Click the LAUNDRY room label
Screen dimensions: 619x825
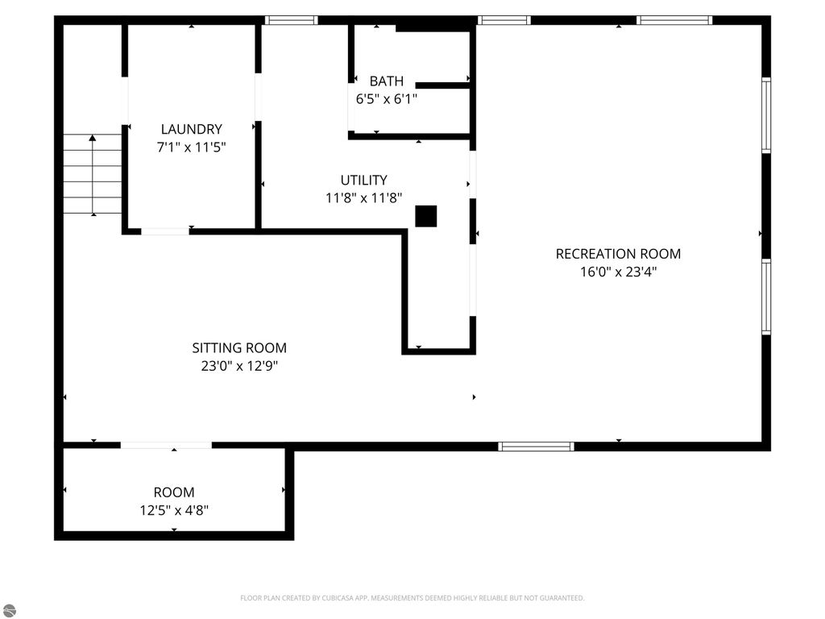[x=191, y=129]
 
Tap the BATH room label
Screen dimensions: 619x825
[x=387, y=81]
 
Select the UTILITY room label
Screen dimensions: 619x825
[x=363, y=181]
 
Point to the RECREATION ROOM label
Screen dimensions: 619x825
[x=618, y=254]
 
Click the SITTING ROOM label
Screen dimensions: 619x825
[x=239, y=348]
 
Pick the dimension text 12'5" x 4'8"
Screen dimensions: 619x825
[x=174, y=510]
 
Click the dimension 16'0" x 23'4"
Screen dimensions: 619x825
[x=618, y=272]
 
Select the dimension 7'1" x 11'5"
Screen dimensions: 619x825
[x=191, y=147]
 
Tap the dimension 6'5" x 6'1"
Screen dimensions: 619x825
[x=387, y=99]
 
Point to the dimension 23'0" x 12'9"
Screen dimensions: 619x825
[x=239, y=367]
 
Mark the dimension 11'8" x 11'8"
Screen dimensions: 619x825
[x=363, y=198]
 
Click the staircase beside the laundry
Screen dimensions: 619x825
[x=93, y=174]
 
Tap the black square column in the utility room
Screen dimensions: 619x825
[x=426, y=216]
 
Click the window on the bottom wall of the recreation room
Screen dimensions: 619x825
[x=536, y=446]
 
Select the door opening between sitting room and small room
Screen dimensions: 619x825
[x=166, y=445]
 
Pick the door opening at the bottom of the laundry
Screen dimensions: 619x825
[x=165, y=232]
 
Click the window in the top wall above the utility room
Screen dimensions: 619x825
[x=291, y=20]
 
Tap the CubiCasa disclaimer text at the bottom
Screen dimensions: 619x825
[x=412, y=598]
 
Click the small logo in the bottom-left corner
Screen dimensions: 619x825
[x=8, y=610]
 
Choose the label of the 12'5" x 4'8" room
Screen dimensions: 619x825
[x=174, y=492]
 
